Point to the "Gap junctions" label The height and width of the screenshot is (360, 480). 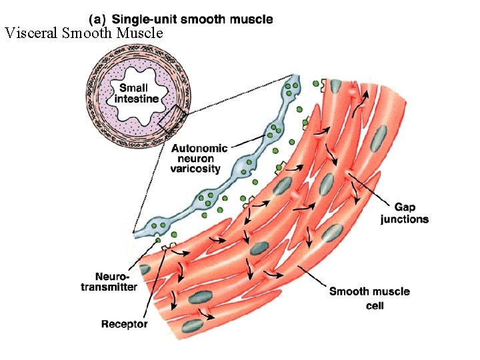pyautogui.click(x=405, y=213)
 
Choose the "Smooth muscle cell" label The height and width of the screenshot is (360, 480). pyautogui.click(x=369, y=298)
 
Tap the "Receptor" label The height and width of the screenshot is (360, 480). pyautogui.click(x=125, y=325)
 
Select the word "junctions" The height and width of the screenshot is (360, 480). pyautogui.click(x=405, y=219)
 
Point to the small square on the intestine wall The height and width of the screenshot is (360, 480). pyautogui.click(x=170, y=117)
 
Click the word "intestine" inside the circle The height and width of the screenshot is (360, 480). pyautogui.click(x=137, y=99)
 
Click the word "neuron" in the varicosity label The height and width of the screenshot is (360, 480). pyautogui.click(x=196, y=159)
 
